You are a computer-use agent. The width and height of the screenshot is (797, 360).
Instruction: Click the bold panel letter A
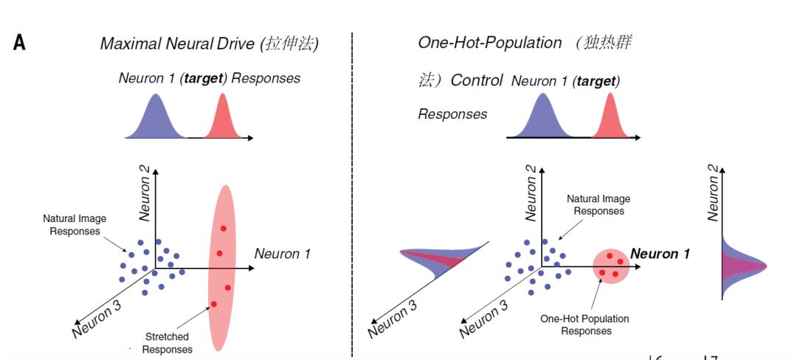[x=19, y=43]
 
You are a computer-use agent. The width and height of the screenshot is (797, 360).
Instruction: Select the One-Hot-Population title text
[x=490, y=43]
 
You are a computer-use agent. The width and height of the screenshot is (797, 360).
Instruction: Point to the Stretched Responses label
[x=168, y=343]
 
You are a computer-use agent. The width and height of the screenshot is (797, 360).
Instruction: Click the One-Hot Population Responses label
[x=584, y=325]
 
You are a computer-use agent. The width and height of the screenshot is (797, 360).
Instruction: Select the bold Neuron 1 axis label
[x=660, y=254]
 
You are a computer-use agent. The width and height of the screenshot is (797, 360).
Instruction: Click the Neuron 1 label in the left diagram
[x=282, y=253]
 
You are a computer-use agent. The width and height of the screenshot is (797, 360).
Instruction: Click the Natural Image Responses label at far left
[x=75, y=225]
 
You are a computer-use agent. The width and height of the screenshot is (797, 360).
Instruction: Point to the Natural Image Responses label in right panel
[x=598, y=204]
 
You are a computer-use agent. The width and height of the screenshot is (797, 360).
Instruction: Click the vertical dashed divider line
[x=352, y=195]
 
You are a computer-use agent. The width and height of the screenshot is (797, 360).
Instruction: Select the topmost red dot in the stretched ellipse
[x=223, y=229]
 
